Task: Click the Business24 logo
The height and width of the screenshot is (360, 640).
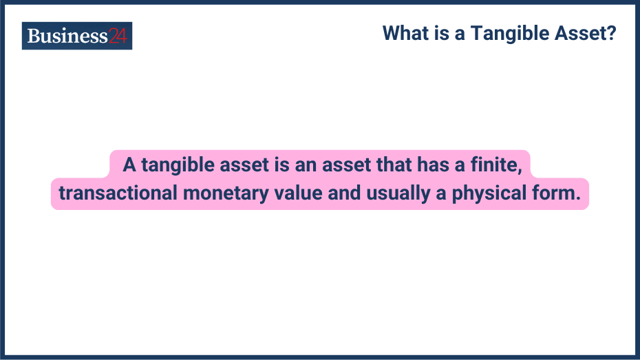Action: click(x=76, y=36)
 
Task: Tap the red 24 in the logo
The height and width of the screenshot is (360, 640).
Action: click(x=118, y=36)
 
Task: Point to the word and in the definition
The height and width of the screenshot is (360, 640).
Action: click(x=343, y=193)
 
